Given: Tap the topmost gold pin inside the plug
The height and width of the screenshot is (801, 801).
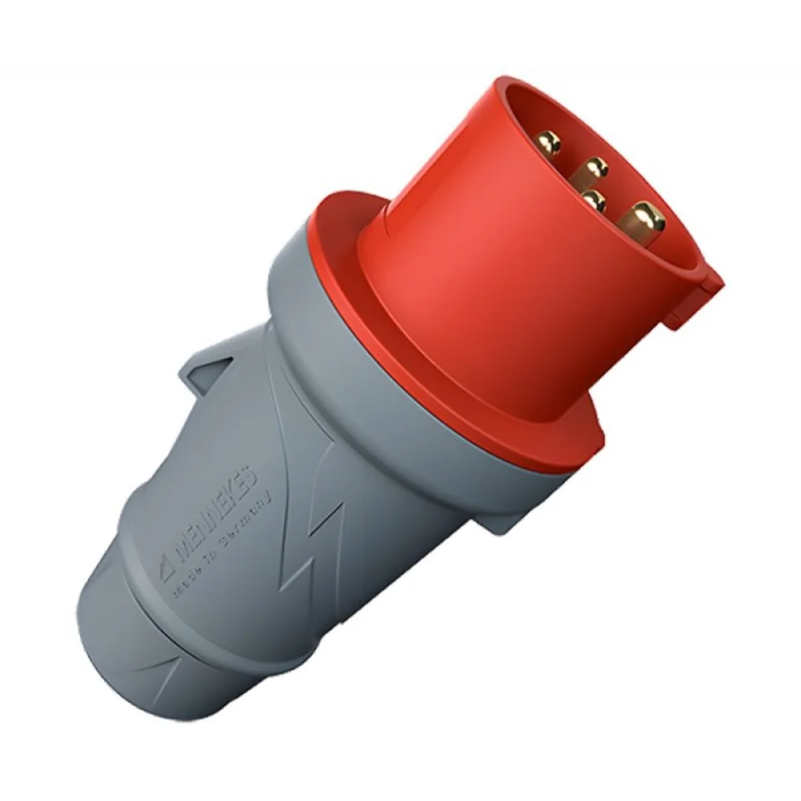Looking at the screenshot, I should tap(550, 140).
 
